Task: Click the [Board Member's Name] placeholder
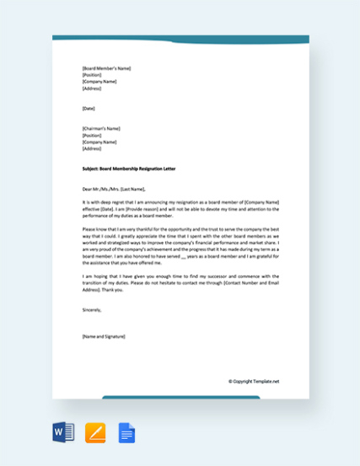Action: pos(106,68)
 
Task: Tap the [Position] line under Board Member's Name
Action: pos(92,75)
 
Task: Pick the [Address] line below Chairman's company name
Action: pos(92,148)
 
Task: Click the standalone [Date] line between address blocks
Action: pos(89,108)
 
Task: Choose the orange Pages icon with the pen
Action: pos(95,432)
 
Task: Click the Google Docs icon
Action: pos(126,432)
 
